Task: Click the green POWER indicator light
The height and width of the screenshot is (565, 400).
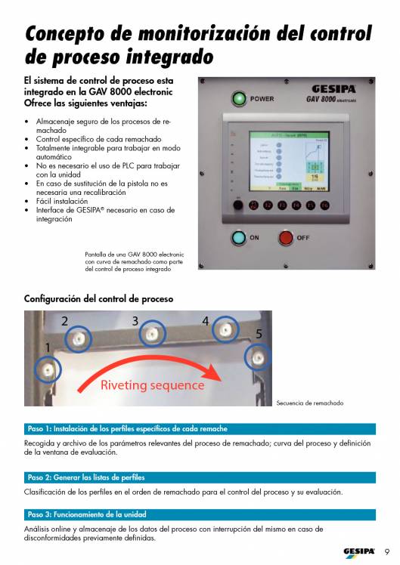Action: [x=239, y=98]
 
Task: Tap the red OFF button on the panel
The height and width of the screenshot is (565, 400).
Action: [x=286, y=238]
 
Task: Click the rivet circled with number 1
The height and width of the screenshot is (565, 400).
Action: [x=48, y=369]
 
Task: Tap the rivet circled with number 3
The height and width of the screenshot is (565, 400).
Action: [x=153, y=333]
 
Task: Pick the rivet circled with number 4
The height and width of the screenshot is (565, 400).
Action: [x=224, y=329]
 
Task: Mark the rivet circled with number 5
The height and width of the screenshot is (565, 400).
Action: [x=257, y=356]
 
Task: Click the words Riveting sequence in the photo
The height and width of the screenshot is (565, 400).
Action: [x=152, y=385]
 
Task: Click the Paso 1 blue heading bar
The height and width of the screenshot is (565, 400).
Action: [x=199, y=428]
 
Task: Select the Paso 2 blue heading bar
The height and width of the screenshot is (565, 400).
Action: [x=199, y=477]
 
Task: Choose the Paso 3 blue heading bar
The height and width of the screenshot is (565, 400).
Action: [x=199, y=514]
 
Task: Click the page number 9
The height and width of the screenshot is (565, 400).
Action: [x=387, y=550]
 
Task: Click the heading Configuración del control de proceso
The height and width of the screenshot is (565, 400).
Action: [x=99, y=299]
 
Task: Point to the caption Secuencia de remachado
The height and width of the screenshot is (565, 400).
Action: [x=310, y=403]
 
